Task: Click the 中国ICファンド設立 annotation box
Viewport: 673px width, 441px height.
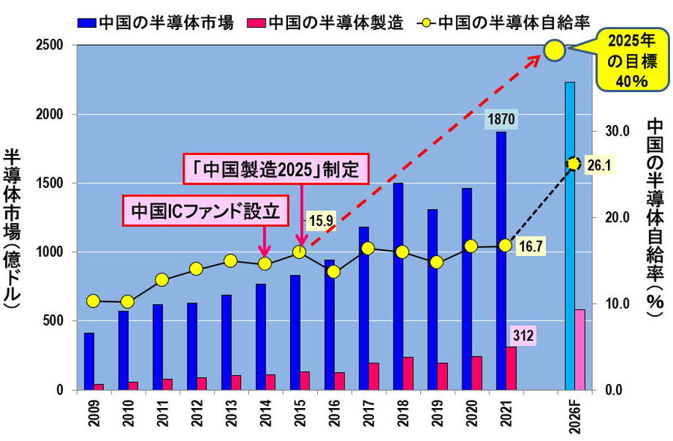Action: tap(204, 211)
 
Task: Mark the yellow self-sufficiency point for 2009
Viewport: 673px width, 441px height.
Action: tap(93, 301)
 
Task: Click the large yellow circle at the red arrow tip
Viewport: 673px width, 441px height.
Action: tap(553, 51)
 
